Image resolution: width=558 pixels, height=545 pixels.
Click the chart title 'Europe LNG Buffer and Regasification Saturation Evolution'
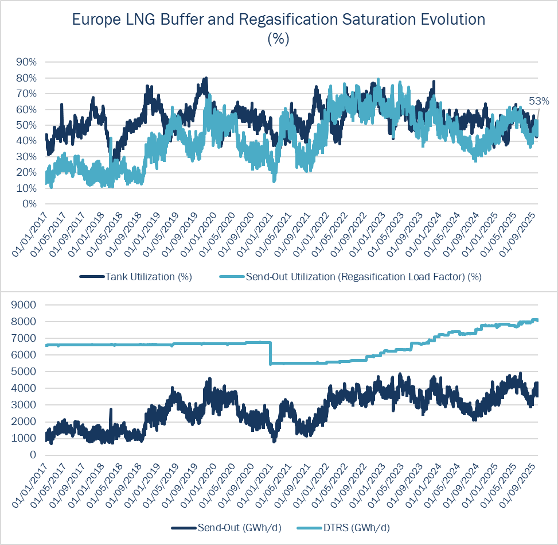pyautogui.click(x=279, y=20)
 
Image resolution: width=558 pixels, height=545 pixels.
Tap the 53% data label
pyautogui.click(x=539, y=101)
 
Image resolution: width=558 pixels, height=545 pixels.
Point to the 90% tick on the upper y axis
pyautogui.click(x=25, y=62)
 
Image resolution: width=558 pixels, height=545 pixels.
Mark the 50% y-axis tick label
pyautogui.click(x=25, y=125)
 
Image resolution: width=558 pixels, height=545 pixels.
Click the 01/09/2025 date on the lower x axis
pyautogui.click(x=522, y=484)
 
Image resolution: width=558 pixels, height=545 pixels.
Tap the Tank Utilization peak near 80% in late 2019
pyautogui.click(x=205, y=79)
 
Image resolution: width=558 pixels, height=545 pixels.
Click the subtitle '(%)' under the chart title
pyautogui.click(x=279, y=39)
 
